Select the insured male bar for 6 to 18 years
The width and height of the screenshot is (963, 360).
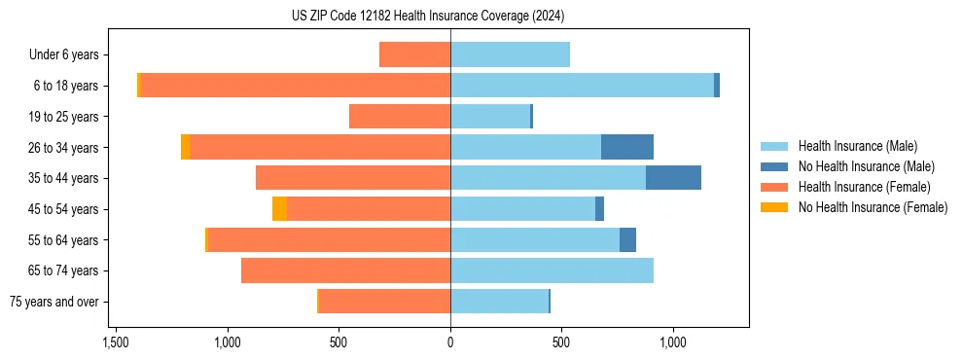click(582, 86)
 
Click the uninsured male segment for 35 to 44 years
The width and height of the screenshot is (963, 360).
click(673, 178)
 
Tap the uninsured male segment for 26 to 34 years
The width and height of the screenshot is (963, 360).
click(627, 147)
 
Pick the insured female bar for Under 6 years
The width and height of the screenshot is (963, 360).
click(414, 54)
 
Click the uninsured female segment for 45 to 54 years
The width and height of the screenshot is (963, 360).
click(279, 209)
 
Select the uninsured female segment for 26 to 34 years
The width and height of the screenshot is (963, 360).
click(185, 147)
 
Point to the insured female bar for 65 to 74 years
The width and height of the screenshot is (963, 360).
click(345, 270)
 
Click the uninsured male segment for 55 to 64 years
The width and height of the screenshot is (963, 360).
click(627, 239)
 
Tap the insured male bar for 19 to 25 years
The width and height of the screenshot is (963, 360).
click(490, 117)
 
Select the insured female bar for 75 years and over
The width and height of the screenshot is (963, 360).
click(384, 302)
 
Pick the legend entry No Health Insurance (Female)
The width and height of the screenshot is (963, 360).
click(873, 207)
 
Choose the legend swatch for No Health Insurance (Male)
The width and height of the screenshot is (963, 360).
click(774, 166)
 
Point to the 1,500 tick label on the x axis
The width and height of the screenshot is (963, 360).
click(115, 342)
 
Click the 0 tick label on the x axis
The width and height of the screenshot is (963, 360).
click(450, 342)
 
